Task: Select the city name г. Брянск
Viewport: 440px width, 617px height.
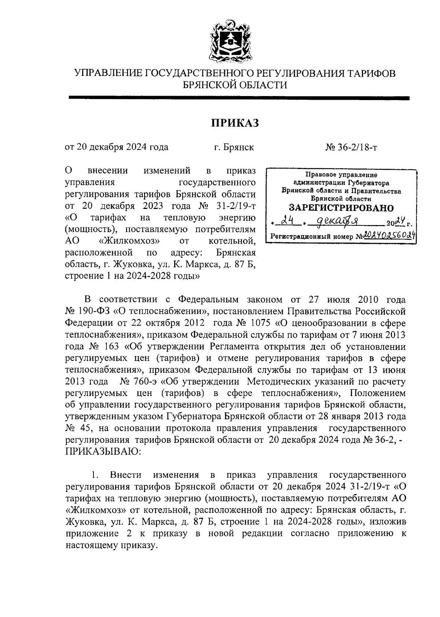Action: point(234,147)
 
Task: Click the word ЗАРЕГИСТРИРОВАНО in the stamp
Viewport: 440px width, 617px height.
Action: point(341,208)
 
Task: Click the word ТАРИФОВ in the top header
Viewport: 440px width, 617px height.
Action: point(371,73)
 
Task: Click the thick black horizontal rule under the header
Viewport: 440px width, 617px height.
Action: point(239,98)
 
